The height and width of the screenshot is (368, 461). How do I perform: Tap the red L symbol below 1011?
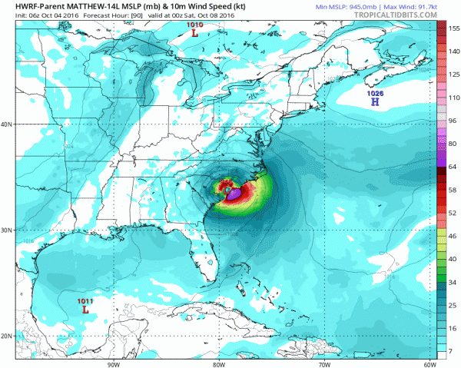click(x=85, y=310)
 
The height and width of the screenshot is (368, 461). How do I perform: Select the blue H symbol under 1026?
click(x=375, y=101)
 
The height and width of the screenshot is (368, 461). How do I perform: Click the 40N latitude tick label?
click(x=8, y=124)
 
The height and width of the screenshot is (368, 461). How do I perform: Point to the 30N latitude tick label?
click(x=8, y=230)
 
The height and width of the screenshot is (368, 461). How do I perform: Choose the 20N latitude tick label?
click(x=8, y=337)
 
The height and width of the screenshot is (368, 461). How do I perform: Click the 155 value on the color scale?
click(x=453, y=28)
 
